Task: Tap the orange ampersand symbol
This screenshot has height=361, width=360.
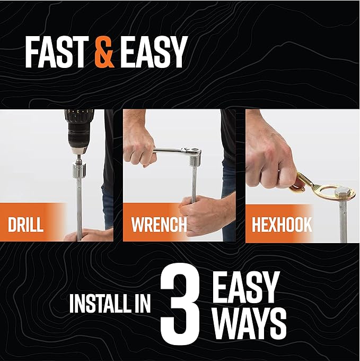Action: [104, 52]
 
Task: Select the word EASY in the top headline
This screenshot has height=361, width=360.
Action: [152, 52]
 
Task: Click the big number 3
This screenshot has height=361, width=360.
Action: [180, 305]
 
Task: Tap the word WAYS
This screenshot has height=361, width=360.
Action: [251, 324]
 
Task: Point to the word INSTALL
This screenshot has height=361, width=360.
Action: [99, 304]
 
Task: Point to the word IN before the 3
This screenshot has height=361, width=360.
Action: [142, 304]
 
